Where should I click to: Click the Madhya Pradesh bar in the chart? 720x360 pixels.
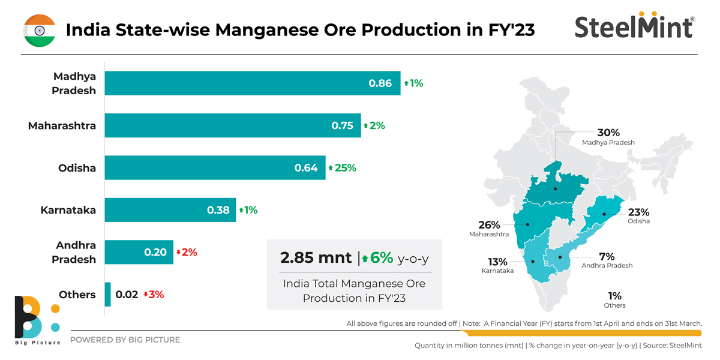(x=252, y=83)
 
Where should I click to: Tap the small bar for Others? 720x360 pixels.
(x=108, y=295)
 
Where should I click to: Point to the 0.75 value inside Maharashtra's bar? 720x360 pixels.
(x=342, y=126)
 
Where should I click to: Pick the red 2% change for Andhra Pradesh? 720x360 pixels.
(x=187, y=253)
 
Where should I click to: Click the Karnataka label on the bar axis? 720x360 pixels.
(x=68, y=210)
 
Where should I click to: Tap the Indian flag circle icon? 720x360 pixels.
(x=40, y=30)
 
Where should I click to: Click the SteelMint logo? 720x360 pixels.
(x=634, y=26)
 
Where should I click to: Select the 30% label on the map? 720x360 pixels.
(x=608, y=133)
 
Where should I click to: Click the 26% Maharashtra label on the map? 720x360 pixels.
(x=489, y=225)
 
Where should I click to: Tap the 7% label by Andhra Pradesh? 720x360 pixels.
(x=607, y=257)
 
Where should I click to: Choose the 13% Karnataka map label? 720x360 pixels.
(x=497, y=262)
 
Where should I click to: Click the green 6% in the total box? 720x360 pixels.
(x=381, y=258)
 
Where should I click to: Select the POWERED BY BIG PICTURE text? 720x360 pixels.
(x=125, y=340)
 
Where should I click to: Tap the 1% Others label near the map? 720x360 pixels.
(x=614, y=296)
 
